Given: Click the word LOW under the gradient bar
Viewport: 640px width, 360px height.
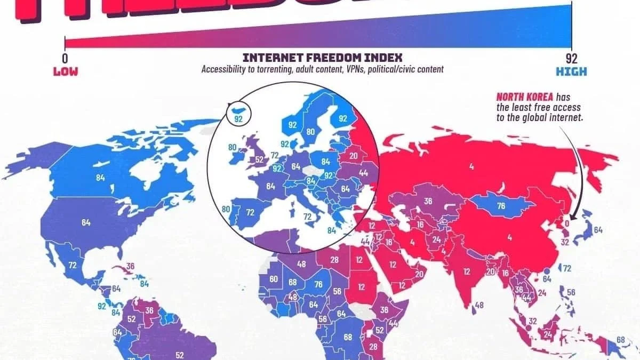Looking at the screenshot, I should pyautogui.click(x=65, y=71).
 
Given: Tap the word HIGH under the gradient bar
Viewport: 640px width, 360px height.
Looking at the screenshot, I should pyautogui.click(x=571, y=71).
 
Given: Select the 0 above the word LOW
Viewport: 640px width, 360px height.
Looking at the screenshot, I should pyautogui.click(x=65, y=58).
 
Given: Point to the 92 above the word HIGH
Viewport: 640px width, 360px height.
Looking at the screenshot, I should pyautogui.click(x=572, y=58).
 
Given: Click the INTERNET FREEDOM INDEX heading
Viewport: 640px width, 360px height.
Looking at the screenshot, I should pyautogui.click(x=322, y=58).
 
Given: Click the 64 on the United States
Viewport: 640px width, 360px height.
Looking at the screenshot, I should pyautogui.click(x=86, y=222).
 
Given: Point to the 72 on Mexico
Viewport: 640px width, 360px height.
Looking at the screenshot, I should pyautogui.click(x=73, y=265).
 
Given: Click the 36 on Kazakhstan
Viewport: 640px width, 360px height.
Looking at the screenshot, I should pyautogui.click(x=428, y=202).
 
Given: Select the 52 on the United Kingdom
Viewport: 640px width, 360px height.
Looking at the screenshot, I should pyautogui.click(x=260, y=159).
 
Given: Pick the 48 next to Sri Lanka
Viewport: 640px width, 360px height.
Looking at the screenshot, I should pyautogui.click(x=479, y=305).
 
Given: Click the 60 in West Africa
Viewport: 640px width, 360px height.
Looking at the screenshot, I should pyautogui.click(x=274, y=279).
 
